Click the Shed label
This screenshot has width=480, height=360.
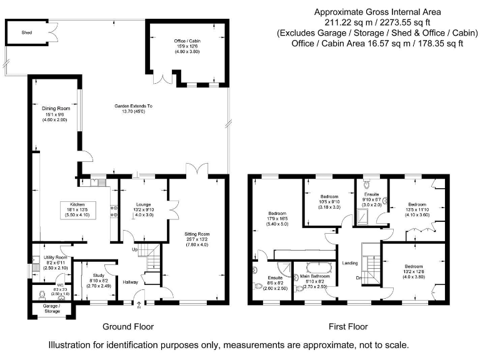[27, 31]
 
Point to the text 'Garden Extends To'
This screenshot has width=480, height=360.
[133, 106]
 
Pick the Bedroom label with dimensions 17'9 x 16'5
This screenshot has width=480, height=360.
[278, 213]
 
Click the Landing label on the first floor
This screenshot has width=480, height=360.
[349, 263]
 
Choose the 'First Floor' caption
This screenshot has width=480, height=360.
[349, 326]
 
